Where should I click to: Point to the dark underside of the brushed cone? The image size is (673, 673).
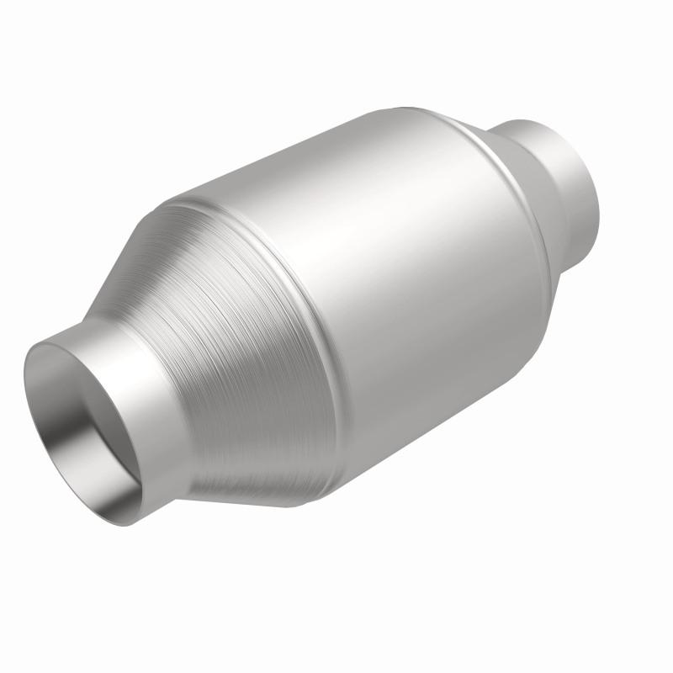tap(252, 480)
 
